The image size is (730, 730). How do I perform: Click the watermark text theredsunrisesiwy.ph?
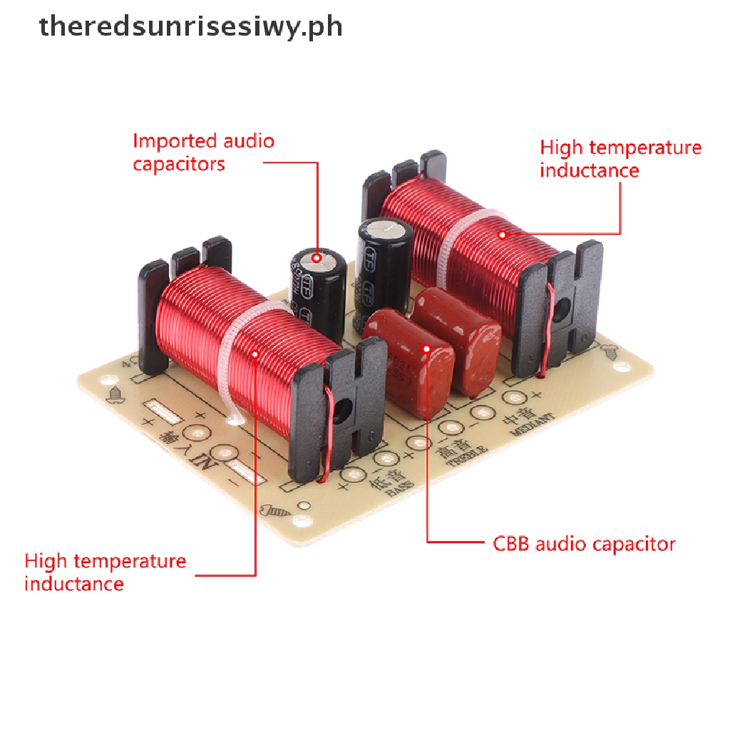tap(191, 27)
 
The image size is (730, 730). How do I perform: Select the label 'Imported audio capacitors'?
tap(203, 152)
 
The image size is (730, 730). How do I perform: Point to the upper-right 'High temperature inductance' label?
tap(620, 159)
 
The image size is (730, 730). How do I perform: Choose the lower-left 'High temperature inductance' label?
tap(105, 572)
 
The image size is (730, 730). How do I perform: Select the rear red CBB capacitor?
tap(459, 335)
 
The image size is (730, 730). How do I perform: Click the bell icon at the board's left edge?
tap(113, 393)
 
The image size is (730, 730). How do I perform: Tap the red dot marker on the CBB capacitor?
tap(426, 349)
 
